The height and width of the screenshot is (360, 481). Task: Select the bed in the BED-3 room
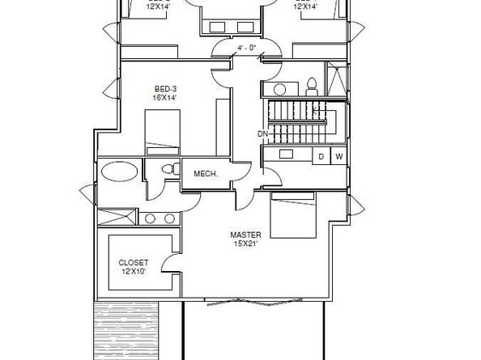click(167, 128)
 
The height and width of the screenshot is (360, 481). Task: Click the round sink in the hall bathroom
click(279, 89)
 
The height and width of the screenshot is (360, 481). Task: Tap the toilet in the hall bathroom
click(312, 86)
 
